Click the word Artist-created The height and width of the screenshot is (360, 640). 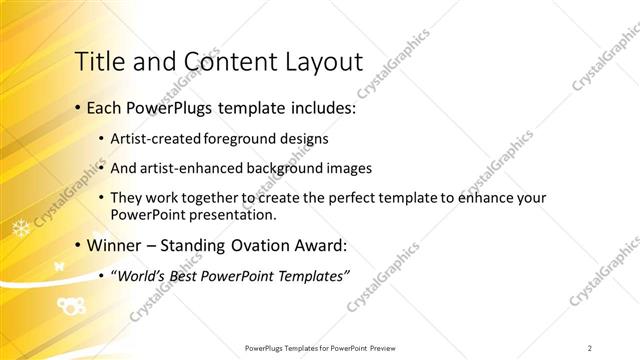click(155, 138)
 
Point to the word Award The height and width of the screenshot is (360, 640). click(319, 245)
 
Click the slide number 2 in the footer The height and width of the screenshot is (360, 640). click(590, 348)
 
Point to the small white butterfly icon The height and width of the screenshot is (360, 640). click(58, 265)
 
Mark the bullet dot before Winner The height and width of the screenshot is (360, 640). click(77, 246)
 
